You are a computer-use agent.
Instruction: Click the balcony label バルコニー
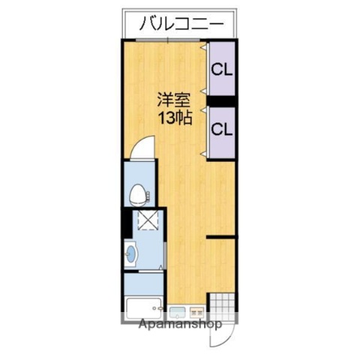[181, 24]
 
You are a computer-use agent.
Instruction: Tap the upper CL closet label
[221, 70]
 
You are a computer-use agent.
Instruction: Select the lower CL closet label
[221, 128]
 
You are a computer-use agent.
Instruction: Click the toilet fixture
[138, 197]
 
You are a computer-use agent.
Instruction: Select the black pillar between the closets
[222, 100]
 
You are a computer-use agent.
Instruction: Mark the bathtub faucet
[157, 307]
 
